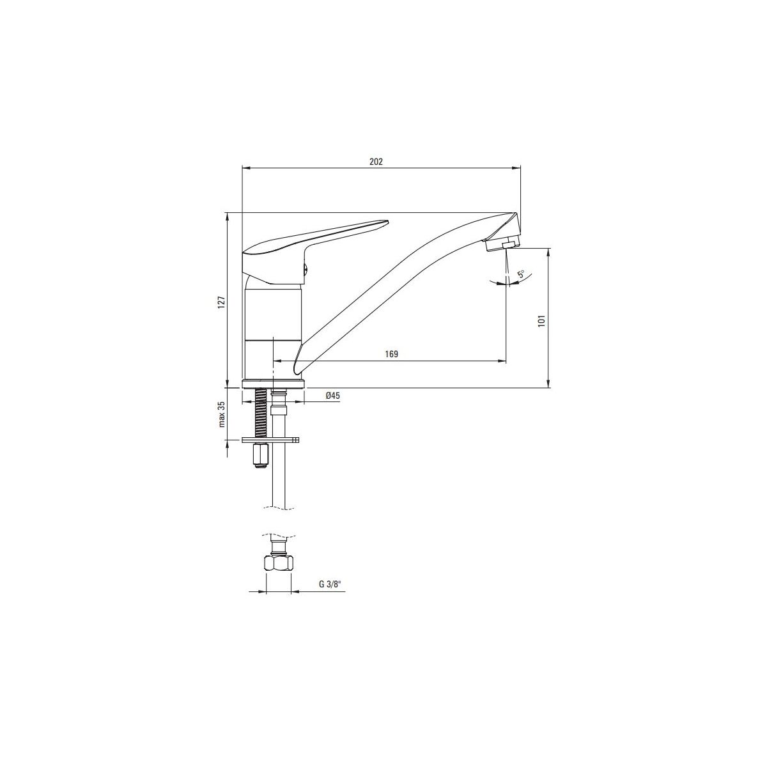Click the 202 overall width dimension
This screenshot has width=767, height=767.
pos(376,162)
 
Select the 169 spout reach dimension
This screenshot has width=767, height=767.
pos(391,354)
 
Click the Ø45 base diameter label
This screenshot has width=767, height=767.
pos(333,396)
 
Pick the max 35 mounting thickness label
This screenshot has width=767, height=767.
pos(222,414)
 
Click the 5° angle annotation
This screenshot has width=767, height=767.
pos(521,274)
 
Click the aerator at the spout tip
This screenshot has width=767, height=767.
pos(502,243)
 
